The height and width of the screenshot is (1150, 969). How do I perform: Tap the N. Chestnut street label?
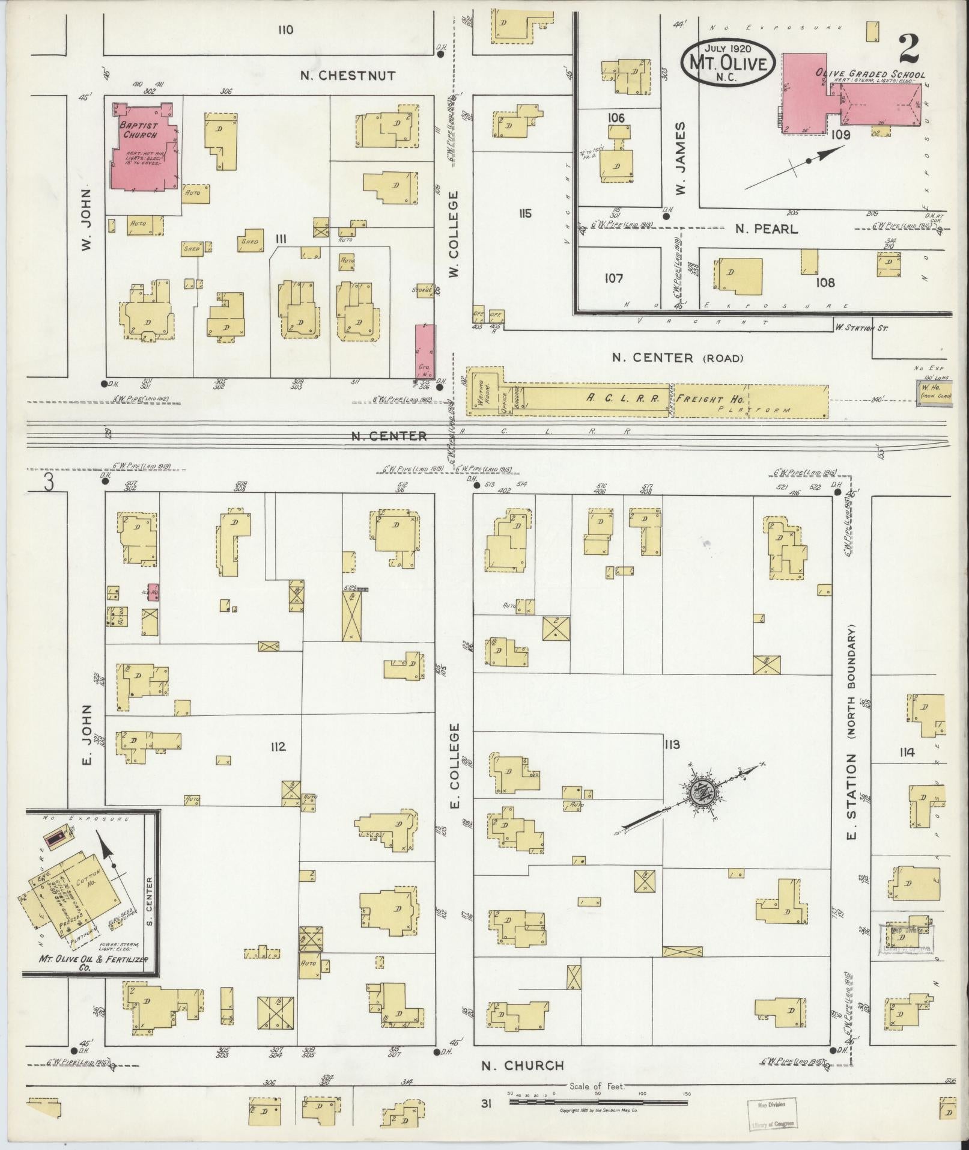pyautogui.click(x=348, y=76)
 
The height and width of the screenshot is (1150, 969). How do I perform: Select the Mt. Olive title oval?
pyautogui.click(x=728, y=63)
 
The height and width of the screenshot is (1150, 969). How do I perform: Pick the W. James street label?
pyautogui.click(x=681, y=159)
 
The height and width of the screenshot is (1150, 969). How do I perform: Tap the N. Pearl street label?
pyautogui.click(x=766, y=229)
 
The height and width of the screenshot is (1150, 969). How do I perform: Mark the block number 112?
pyautogui.click(x=278, y=747)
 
